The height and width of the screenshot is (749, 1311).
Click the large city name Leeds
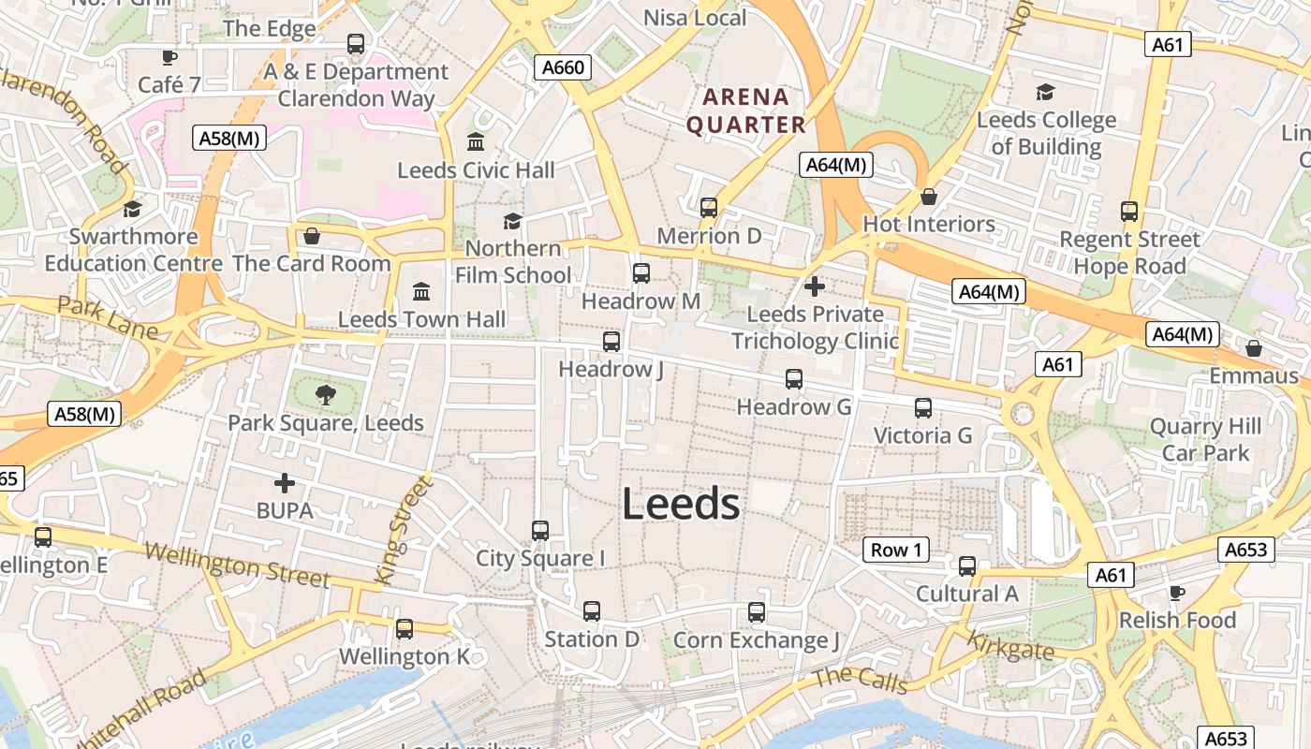pyautogui.click(x=681, y=505)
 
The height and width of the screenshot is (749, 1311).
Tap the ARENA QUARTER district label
pyautogui.click(x=745, y=110)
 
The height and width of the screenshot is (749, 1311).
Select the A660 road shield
pyautogui.click(x=563, y=67)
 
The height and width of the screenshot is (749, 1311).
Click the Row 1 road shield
pyautogui.click(x=896, y=550)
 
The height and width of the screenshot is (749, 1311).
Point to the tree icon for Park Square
pyautogui.click(x=325, y=395)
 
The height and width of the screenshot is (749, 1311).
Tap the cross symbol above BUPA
pyautogui.click(x=285, y=483)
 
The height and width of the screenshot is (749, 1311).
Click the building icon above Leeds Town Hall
pyautogui.click(x=421, y=292)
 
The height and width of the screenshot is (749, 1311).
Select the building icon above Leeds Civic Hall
pyautogui.click(x=476, y=142)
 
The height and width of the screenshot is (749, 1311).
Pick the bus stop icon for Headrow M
pyautogui.click(x=641, y=273)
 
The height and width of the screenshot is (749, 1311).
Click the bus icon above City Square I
pyautogui.click(x=540, y=531)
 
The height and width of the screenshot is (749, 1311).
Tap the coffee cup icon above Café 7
pyautogui.click(x=169, y=57)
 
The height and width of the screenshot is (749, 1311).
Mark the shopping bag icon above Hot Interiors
pyautogui.click(x=929, y=197)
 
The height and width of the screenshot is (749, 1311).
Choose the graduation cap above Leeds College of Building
pyautogui.click(x=1045, y=92)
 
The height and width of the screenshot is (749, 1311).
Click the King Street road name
pyautogui.click(x=404, y=530)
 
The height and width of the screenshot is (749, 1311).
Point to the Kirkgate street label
pyautogui.click(x=1010, y=646)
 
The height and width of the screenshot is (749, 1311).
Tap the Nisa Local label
pyautogui.click(x=695, y=18)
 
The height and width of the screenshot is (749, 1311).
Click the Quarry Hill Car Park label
pyautogui.click(x=1205, y=440)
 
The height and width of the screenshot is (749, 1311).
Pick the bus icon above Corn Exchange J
pyautogui.click(x=757, y=612)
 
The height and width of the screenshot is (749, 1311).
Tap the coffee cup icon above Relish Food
pyautogui.click(x=1177, y=593)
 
